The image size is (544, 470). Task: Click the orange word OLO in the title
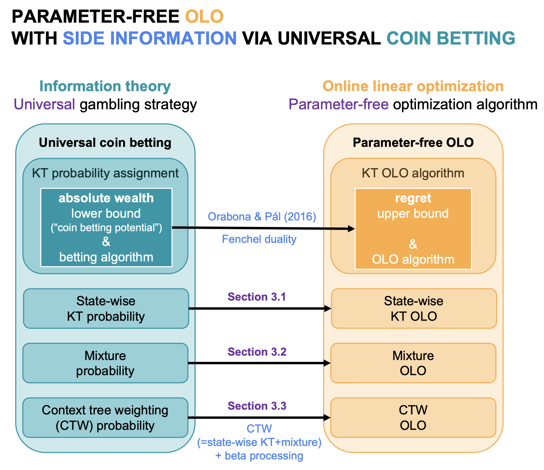pyautogui.click(x=204, y=16)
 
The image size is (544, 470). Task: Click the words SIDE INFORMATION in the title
pyautogui.click(x=150, y=38)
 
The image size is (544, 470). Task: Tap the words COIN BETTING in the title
pyautogui.click(x=451, y=38)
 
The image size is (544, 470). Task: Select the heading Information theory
pyautogui.click(x=105, y=86)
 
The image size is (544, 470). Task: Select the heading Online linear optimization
pyautogui.click(x=413, y=86)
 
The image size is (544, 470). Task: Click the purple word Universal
pyautogui.click(x=44, y=104)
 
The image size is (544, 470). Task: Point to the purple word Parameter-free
pyautogui.click(x=339, y=104)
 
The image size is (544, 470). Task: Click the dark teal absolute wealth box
pyautogui.click(x=106, y=227)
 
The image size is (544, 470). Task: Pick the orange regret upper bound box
pyautogui.click(x=413, y=229)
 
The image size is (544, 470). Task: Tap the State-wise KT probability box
pyautogui.click(x=106, y=309)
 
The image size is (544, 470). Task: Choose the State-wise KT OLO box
pyautogui.click(x=414, y=309)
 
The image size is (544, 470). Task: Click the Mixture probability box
pyautogui.click(x=105, y=363)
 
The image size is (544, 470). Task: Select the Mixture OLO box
pyautogui.click(x=413, y=363)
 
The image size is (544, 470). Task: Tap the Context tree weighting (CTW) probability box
pyautogui.click(x=105, y=418)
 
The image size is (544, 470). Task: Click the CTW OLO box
pyautogui.click(x=413, y=418)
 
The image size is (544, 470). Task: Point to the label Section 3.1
pyautogui.click(x=257, y=297)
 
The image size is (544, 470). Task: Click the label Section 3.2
pyautogui.click(x=257, y=352)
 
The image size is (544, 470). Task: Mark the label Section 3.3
pyautogui.click(x=257, y=406)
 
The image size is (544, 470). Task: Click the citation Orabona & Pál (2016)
pyautogui.click(x=262, y=217)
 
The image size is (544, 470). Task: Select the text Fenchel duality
pyautogui.click(x=259, y=239)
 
